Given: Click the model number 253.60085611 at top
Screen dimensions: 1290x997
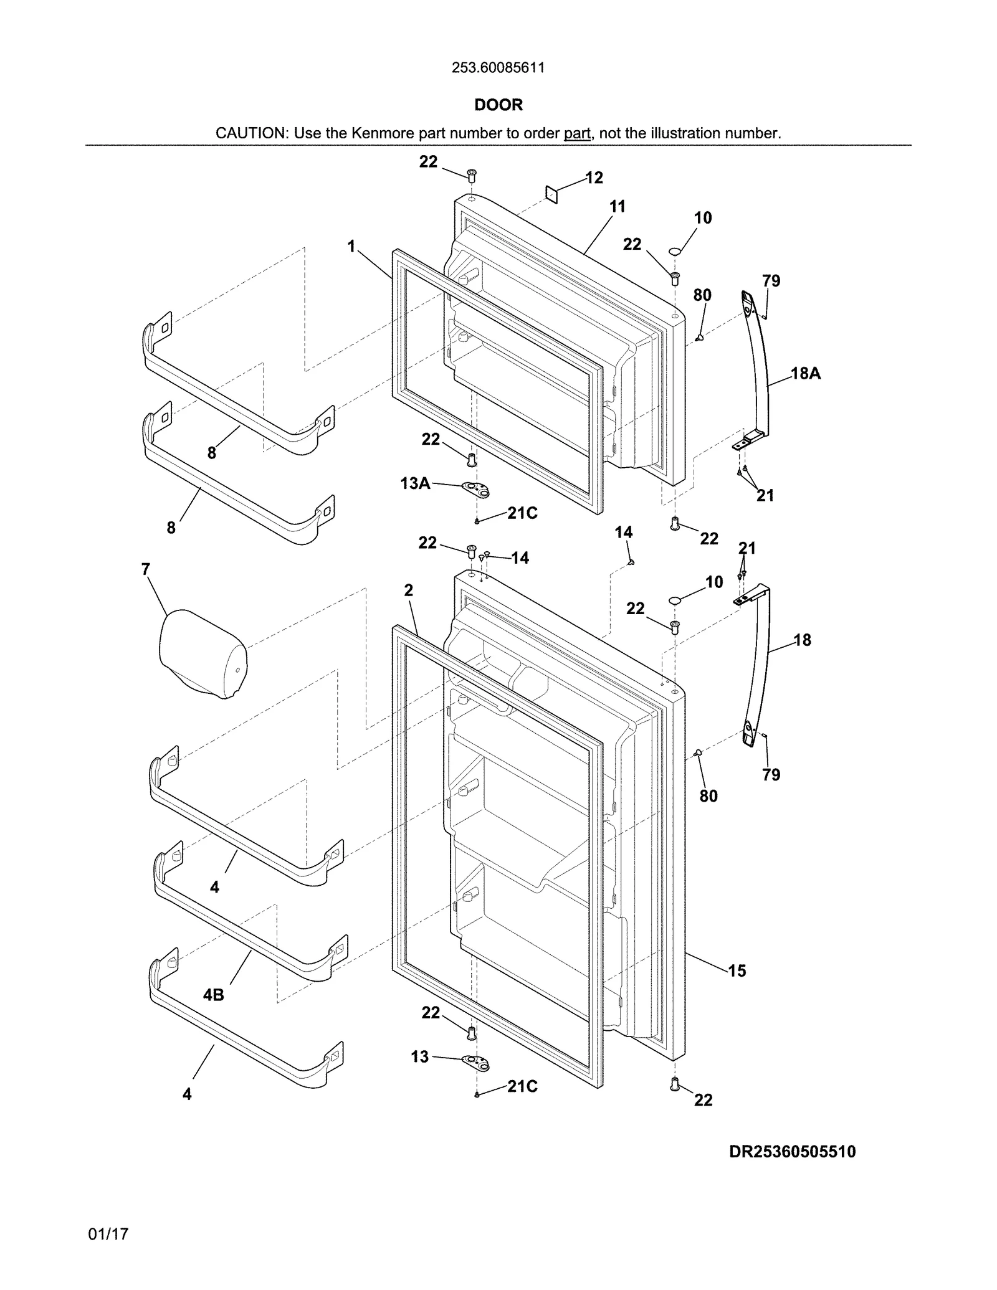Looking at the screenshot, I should (x=498, y=68).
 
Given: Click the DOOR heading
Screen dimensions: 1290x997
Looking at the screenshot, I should (x=499, y=105).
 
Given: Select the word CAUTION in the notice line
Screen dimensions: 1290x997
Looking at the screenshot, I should (x=250, y=133).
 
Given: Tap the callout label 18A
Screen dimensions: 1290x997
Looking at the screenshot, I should (x=806, y=374).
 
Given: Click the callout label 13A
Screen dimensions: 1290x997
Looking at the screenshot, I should (x=415, y=483).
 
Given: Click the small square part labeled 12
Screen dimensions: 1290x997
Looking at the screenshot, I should (x=551, y=194).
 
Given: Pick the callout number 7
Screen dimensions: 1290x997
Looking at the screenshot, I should (x=146, y=569).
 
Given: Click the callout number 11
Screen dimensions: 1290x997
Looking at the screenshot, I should (x=617, y=207).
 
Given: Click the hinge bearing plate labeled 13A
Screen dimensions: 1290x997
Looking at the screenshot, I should (x=477, y=489).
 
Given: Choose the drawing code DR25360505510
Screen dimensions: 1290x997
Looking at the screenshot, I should (x=792, y=1152).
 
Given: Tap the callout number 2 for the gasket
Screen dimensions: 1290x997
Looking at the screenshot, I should (x=408, y=590).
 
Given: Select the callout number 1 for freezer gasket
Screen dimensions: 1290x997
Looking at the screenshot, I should (x=351, y=247).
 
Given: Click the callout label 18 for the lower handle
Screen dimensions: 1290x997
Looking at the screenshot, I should (x=803, y=640).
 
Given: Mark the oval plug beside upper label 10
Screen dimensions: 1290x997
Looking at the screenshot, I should (x=675, y=250).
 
